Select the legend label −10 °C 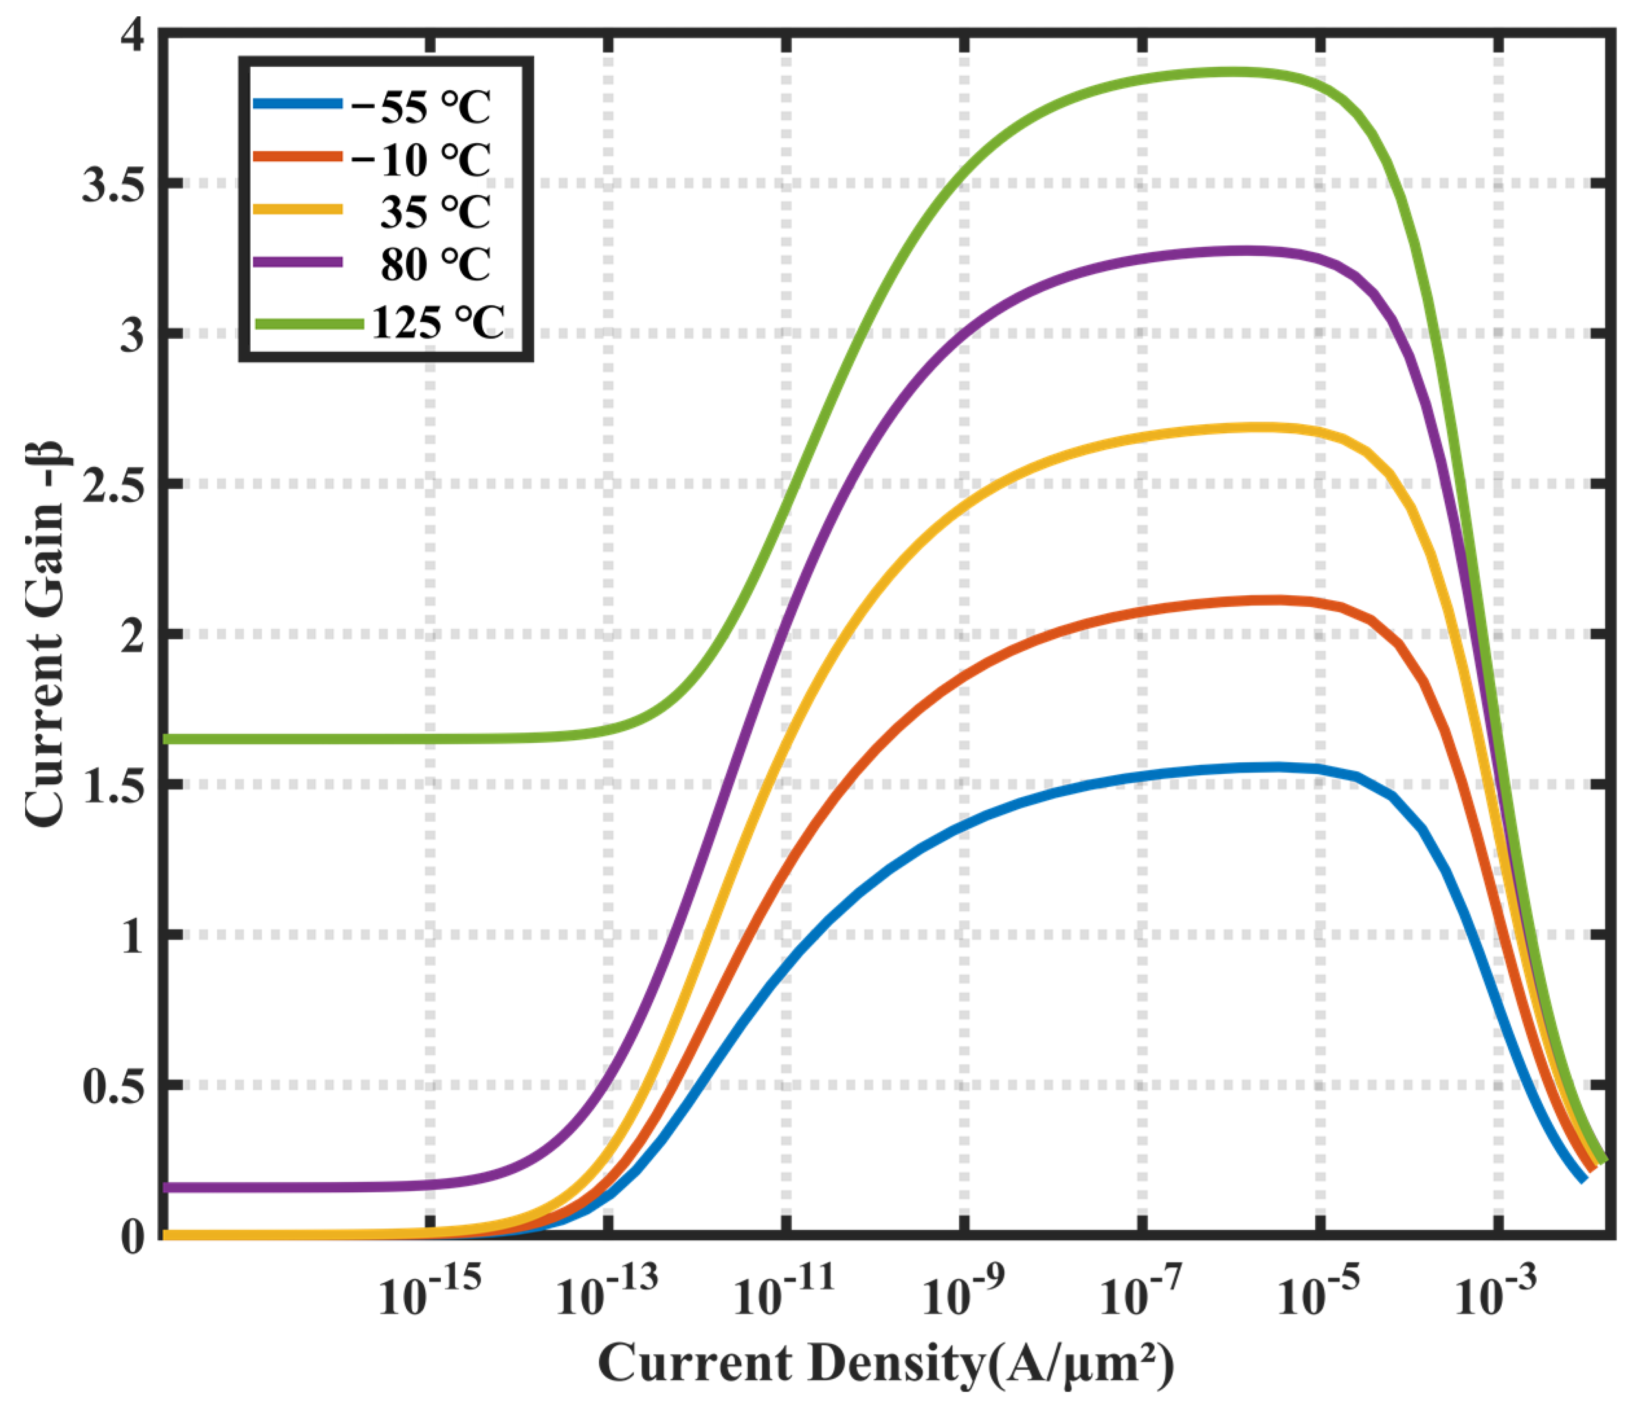coord(420,160)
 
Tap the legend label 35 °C coord(435,212)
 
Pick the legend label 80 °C coord(435,264)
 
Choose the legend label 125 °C coord(438,322)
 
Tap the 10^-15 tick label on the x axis coord(429,1296)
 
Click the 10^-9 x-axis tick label coord(963,1296)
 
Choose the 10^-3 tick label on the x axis coord(1496,1296)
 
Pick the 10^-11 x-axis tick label coord(784,1296)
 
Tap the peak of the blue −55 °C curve coord(1273,767)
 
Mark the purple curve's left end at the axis coord(166,1188)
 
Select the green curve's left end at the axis coord(166,740)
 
